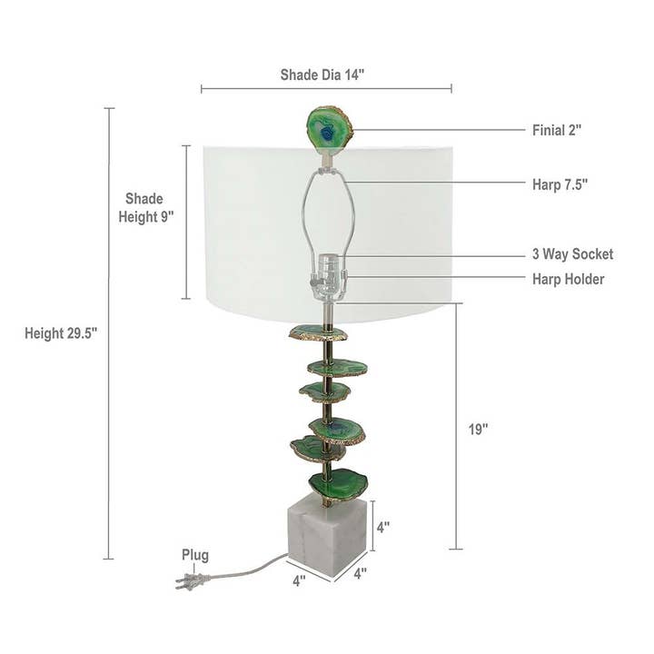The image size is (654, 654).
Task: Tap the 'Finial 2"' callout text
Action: tap(557, 130)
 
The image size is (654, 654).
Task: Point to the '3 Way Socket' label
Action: tap(572, 254)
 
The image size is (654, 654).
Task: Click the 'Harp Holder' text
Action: tap(568, 279)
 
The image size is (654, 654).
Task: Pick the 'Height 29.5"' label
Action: tap(61, 333)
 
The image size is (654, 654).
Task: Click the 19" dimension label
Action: tap(479, 430)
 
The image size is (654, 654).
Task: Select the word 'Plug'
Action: tap(194, 555)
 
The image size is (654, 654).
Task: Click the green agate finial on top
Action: tap(329, 129)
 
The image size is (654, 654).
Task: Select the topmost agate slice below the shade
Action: tap(318, 332)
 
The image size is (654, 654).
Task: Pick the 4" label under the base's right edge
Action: tap(360, 573)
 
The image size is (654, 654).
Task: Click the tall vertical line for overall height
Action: tap(109, 333)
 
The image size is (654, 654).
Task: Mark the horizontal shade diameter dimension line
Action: tap(326, 89)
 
